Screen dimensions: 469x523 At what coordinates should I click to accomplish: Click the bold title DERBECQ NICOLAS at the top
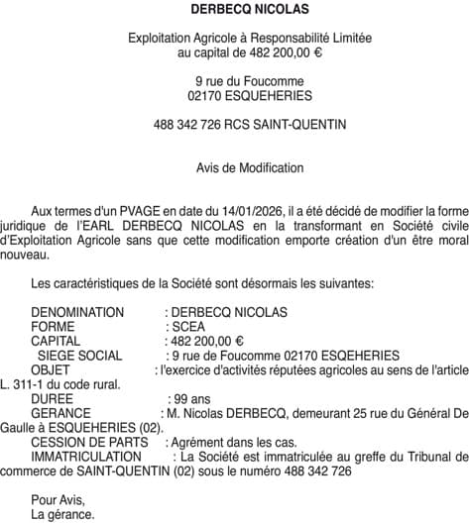pyautogui.click(x=235, y=10)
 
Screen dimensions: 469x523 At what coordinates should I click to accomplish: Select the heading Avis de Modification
pyautogui.click(x=235, y=169)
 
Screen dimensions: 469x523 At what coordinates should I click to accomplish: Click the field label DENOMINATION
pyautogui.click(x=77, y=313)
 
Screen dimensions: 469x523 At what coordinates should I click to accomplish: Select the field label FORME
pyautogui.click(x=53, y=327)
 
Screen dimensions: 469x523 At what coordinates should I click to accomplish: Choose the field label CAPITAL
pyautogui.click(x=57, y=341)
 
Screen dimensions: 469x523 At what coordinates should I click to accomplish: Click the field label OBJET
pyautogui.click(x=51, y=369)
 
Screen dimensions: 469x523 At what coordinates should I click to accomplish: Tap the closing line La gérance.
pyautogui.click(x=62, y=515)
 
